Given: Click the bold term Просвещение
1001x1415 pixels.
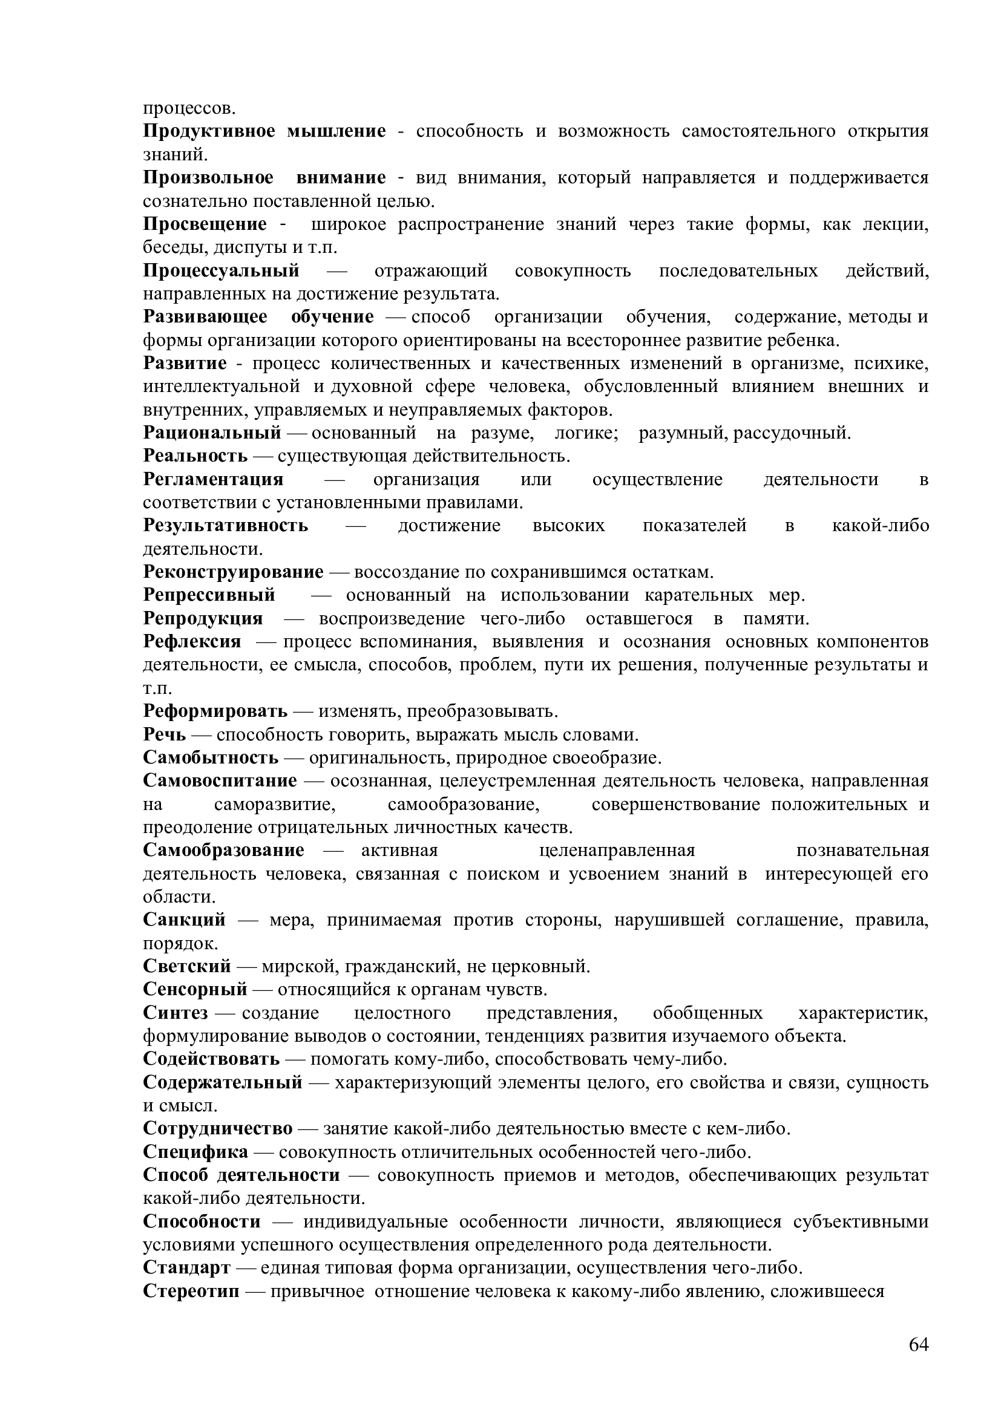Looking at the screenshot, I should click(x=205, y=224).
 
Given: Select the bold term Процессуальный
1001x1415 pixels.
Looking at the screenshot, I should click(x=222, y=270).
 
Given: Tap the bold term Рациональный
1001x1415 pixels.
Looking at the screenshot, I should click(x=212, y=433).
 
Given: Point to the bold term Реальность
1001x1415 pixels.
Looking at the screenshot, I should click(x=195, y=456).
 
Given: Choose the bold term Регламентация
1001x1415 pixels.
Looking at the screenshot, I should click(x=213, y=480).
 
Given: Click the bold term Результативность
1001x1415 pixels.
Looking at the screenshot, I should click(x=226, y=526).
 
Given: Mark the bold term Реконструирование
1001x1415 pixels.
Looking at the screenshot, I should click(x=233, y=572).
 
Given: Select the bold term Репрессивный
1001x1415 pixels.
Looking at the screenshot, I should click(x=209, y=595).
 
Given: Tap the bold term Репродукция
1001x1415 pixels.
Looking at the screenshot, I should click(x=203, y=619).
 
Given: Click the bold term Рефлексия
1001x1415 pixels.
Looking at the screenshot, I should click(x=192, y=642).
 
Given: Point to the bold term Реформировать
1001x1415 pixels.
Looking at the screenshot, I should click(x=215, y=712).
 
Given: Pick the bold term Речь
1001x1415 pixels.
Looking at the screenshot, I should click(x=164, y=734).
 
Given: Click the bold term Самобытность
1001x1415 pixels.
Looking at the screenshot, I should click(x=211, y=758).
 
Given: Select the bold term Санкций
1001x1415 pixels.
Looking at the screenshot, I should click(x=185, y=921).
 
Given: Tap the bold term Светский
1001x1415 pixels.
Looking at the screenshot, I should click(x=187, y=967).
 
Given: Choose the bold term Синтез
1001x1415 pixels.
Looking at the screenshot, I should click(x=175, y=1013).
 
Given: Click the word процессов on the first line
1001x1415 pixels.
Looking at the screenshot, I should click(x=189, y=109).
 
